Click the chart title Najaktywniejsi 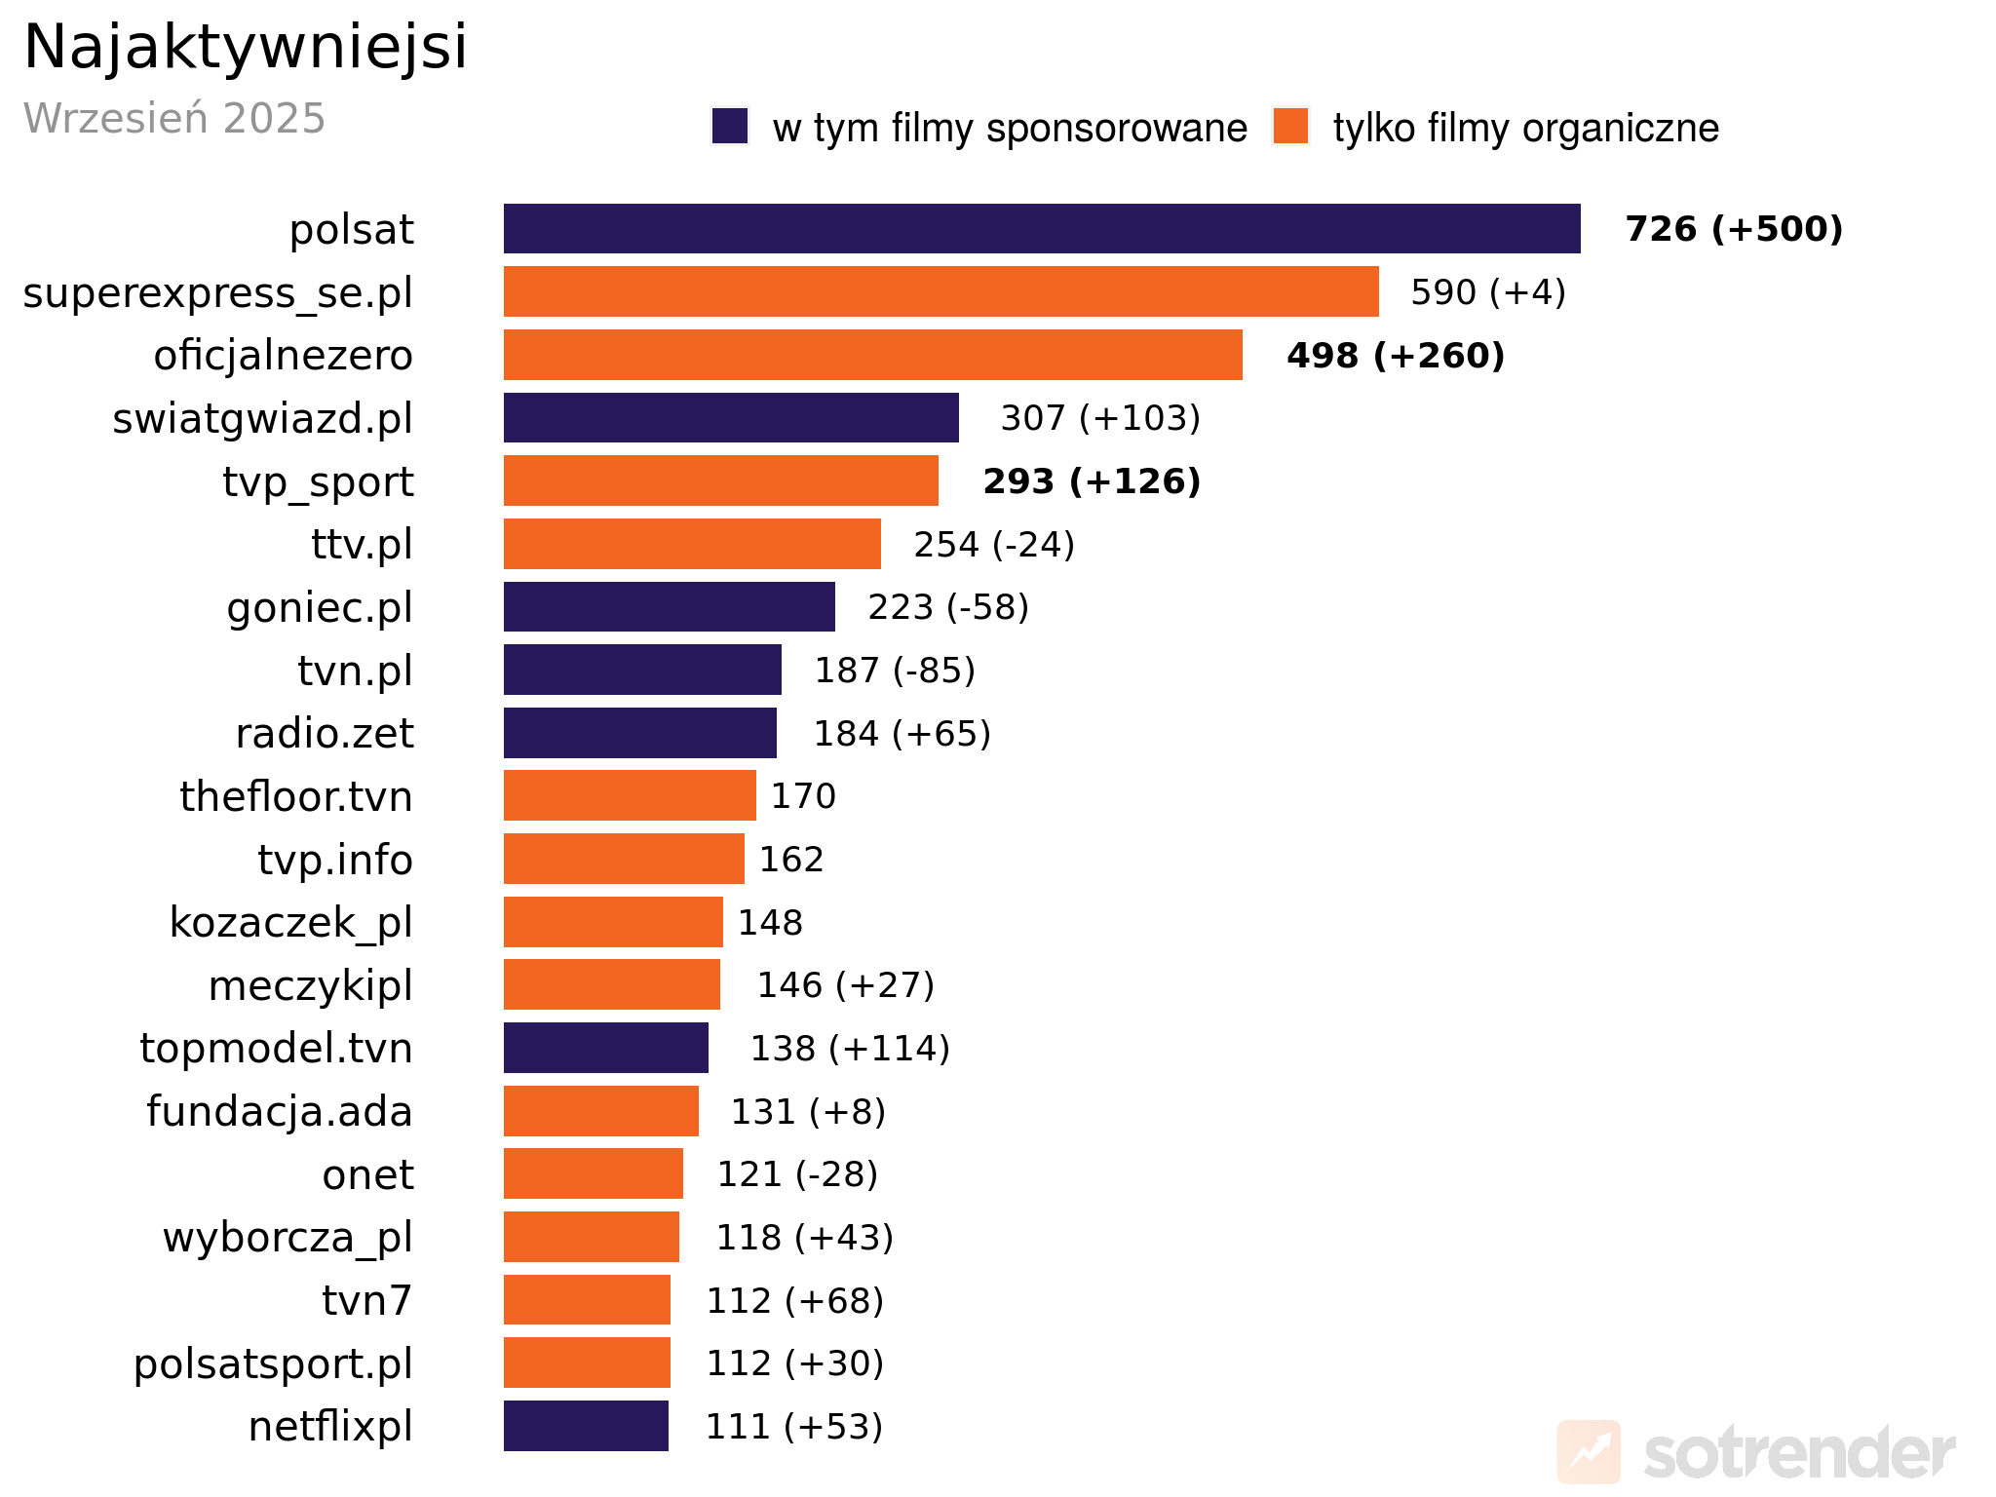coord(246,47)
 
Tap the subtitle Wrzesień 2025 coord(174,118)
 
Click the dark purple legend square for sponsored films coord(730,127)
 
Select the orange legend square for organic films coord(1290,127)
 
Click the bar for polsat coord(1041,229)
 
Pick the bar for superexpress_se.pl coord(940,291)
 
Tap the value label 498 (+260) coord(1396,356)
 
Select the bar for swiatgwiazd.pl coord(731,418)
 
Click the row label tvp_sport coord(318,481)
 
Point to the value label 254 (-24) coord(994,545)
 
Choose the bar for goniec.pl coord(669,607)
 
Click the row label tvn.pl coord(355,671)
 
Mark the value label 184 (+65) coord(902,734)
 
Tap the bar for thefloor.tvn coord(630,796)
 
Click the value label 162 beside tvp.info coord(791,860)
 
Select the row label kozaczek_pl coord(290,923)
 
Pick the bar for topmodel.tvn coord(605,1049)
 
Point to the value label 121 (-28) coord(797,1174)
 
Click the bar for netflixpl coord(586,1426)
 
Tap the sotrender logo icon coord(1589,1452)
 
